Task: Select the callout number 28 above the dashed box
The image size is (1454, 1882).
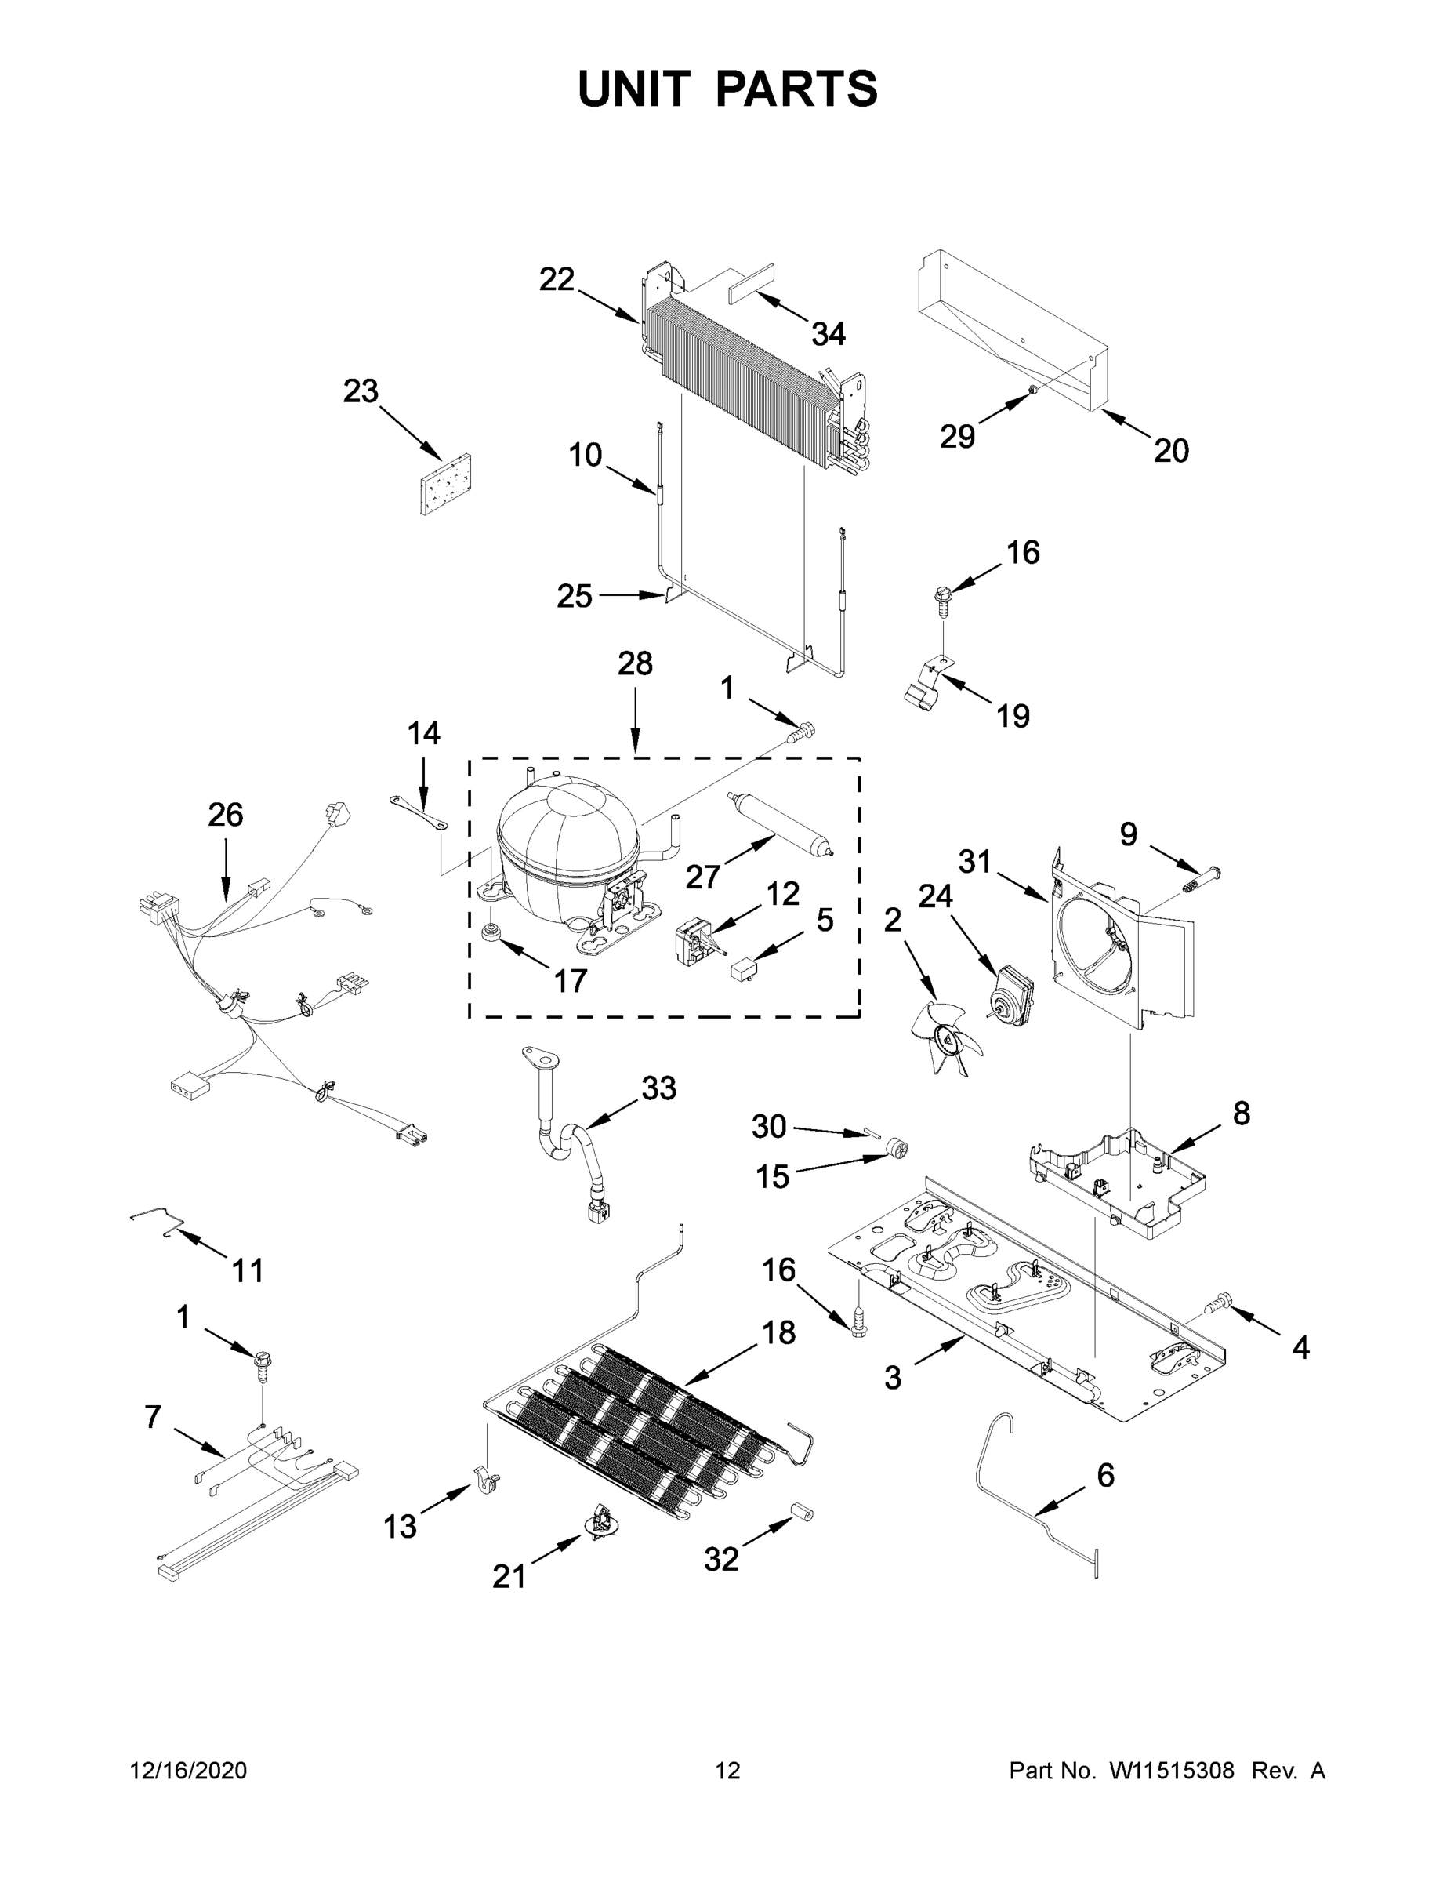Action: click(635, 663)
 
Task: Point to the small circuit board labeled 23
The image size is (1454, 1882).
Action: click(446, 485)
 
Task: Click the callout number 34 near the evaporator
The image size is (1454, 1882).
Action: click(828, 333)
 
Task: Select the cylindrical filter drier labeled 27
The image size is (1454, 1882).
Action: click(781, 825)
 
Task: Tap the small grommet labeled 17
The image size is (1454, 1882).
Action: click(494, 933)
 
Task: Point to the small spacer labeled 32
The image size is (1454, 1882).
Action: click(801, 1513)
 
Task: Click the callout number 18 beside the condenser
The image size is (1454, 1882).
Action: click(778, 1332)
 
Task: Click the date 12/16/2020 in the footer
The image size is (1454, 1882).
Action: click(188, 1771)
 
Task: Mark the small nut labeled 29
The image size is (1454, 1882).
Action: click(1032, 394)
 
